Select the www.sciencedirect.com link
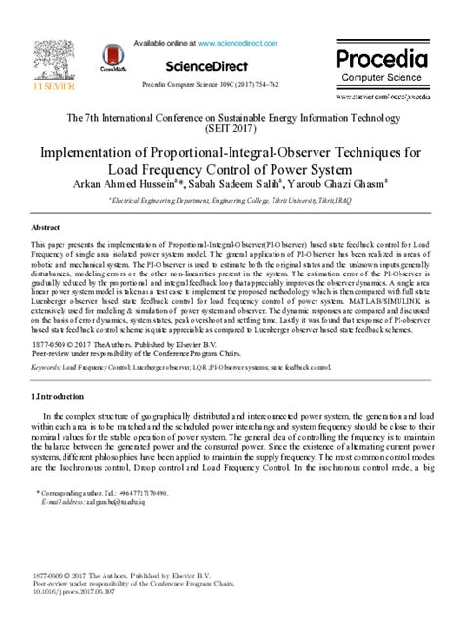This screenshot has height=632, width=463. [241, 44]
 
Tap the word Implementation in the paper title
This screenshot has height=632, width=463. [95, 153]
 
